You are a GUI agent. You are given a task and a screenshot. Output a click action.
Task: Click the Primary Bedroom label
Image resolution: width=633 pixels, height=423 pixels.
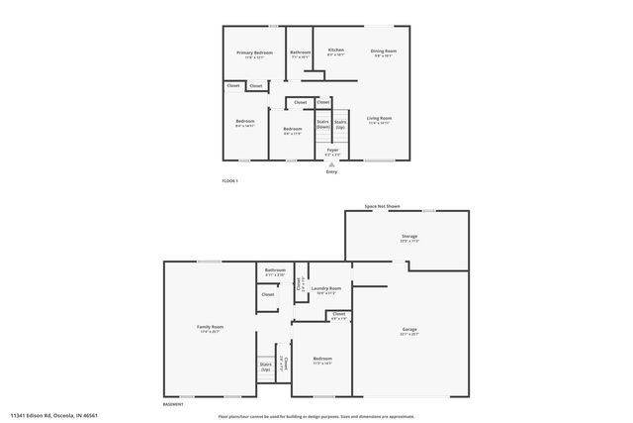click(x=254, y=53)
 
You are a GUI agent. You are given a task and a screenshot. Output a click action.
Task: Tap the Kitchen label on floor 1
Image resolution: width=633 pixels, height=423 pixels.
click(x=336, y=51)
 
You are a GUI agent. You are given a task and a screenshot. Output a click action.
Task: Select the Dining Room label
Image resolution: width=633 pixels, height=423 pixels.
click(x=384, y=52)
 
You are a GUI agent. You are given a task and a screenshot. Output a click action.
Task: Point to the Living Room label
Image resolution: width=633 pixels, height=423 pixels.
click(x=380, y=119)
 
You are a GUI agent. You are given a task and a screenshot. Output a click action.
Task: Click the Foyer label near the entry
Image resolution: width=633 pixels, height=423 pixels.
click(x=332, y=151)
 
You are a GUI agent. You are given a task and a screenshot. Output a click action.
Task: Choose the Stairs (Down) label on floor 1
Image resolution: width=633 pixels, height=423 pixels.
click(x=323, y=125)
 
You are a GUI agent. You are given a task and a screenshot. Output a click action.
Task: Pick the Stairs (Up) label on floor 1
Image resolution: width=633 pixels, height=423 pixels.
click(x=340, y=125)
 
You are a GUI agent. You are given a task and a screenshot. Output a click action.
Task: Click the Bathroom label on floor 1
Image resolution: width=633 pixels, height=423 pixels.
click(x=300, y=53)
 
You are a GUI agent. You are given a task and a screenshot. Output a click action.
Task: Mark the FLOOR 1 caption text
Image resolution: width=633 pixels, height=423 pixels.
click(x=229, y=180)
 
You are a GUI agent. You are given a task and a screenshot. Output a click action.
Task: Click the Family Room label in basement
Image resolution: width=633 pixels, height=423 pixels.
click(x=210, y=328)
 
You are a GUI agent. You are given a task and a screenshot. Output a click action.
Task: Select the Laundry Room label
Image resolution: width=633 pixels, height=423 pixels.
click(x=326, y=289)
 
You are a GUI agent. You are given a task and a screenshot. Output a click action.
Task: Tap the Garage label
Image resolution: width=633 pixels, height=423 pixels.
click(x=409, y=329)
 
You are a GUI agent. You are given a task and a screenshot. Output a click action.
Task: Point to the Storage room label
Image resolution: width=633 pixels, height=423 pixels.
click(x=408, y=237)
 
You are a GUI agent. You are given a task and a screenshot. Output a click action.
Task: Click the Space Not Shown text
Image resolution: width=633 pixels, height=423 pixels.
click(x=382, y=206)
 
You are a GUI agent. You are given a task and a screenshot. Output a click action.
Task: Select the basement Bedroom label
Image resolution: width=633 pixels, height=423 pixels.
click(x=322, y=359)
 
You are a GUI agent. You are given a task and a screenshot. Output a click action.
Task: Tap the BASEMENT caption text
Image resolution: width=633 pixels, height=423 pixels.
click(x=174, y=404)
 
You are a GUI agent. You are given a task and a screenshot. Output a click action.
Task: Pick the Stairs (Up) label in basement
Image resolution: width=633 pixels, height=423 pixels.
click(x=266, y=367)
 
